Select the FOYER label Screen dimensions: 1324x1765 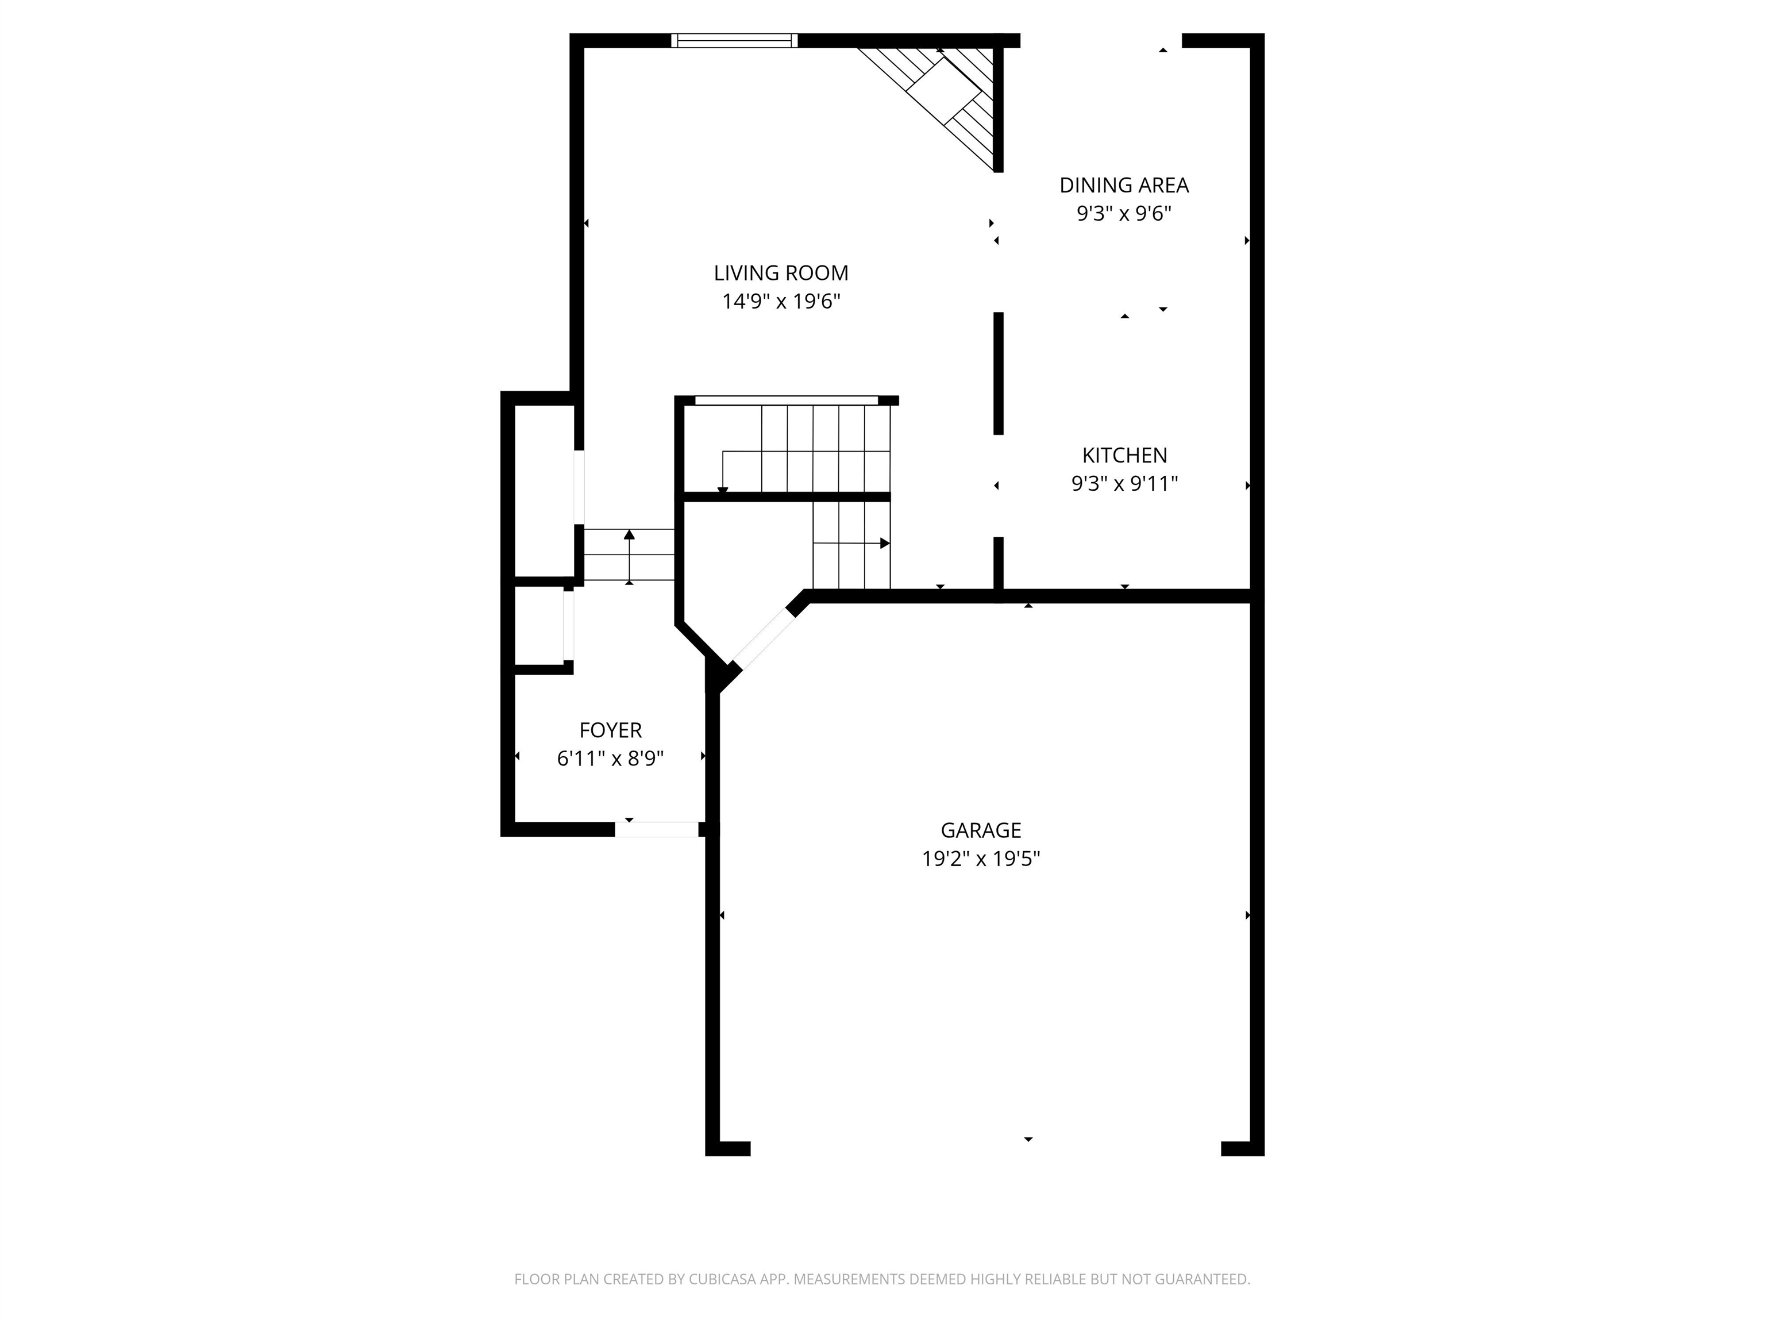tap(610, 730)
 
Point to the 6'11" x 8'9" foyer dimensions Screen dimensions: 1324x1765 tap(610, 758)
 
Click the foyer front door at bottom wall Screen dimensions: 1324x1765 tap(656, 829)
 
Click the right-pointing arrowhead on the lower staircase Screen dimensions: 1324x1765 tap(884, 544)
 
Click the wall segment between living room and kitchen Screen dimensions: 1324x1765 tap(997, 374)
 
